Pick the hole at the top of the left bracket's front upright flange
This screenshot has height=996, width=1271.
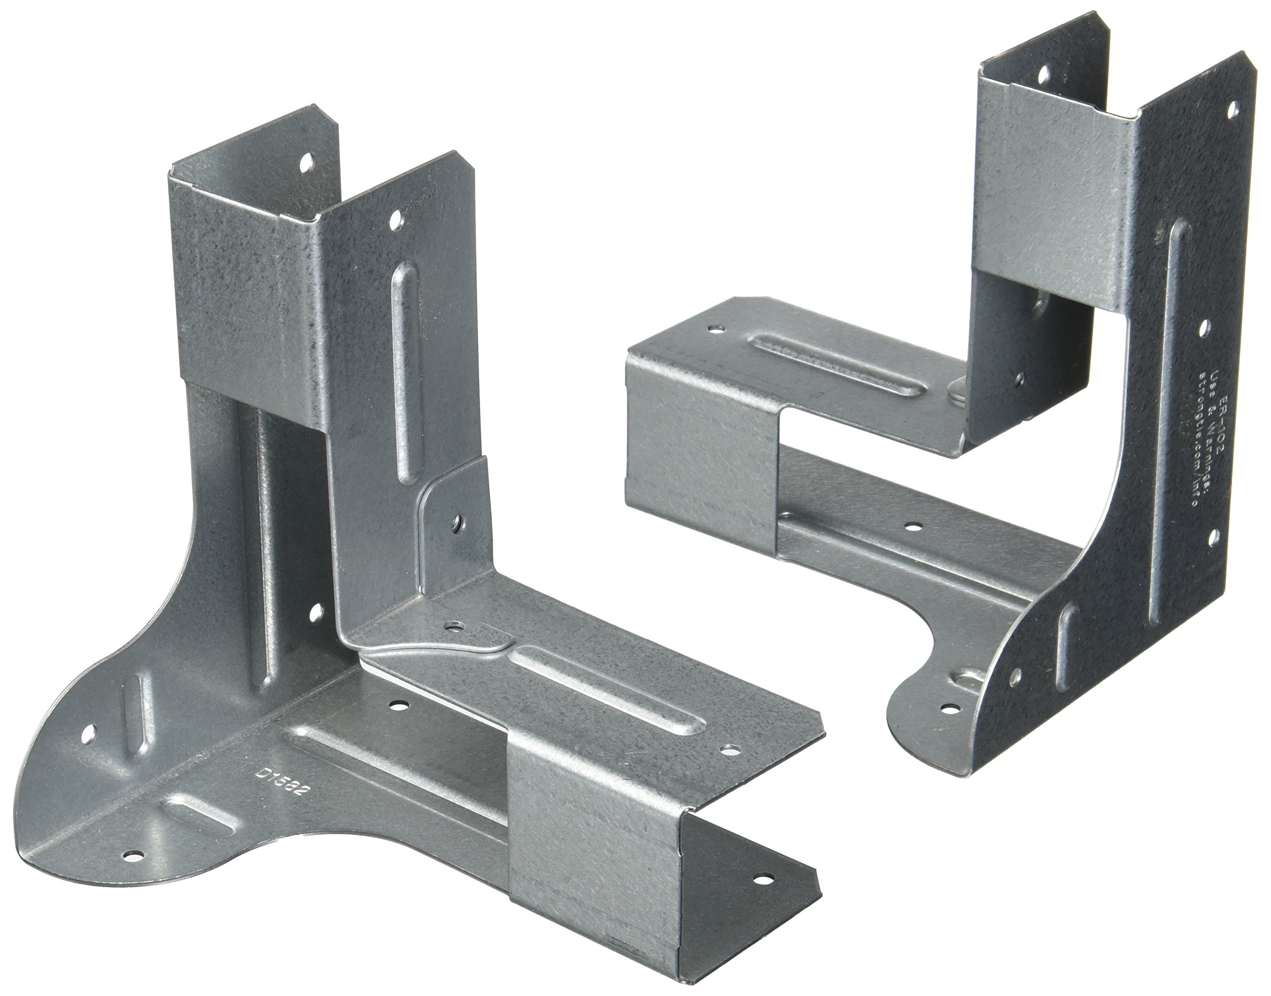(397, 220)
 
